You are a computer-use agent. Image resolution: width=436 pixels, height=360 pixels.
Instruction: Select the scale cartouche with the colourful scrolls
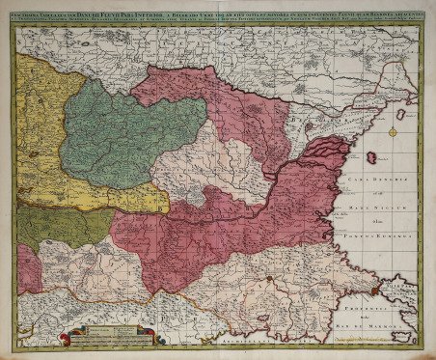point(104,335)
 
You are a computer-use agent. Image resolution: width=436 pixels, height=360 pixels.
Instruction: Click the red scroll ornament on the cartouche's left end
point(63,337)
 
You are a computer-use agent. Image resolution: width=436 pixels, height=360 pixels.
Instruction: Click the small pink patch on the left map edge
point(27,270)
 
